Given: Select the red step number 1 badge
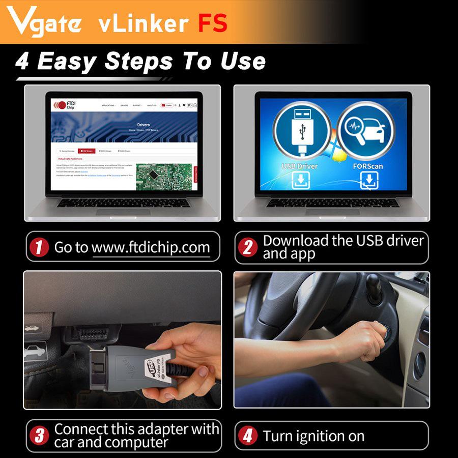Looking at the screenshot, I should tap(39, 248).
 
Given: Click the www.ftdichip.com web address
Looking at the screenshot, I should tap(151, 248).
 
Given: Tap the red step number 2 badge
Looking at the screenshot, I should tap(248, 247).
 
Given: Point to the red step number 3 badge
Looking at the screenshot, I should tap(39, 436).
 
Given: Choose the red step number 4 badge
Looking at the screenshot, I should tap(248, 436).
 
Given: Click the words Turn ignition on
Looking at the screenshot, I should tap(313, 436).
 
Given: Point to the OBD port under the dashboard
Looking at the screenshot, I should tap(92, 333).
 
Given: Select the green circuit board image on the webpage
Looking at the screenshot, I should tap(163, 176).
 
